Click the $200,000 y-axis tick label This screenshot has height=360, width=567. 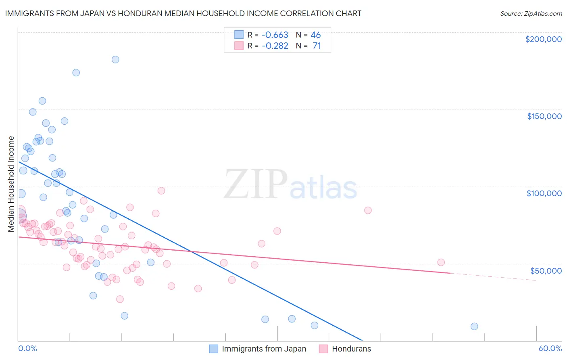point(543,39)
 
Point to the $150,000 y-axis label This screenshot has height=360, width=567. point(544,116)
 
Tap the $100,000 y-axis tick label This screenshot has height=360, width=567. point(544,193)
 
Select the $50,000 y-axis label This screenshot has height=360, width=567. point(546,271)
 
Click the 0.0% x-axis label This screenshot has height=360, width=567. point(27,348)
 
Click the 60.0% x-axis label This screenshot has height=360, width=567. point(550,348)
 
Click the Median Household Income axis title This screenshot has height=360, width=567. point(11,184)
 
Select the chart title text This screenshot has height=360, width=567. point(183,13)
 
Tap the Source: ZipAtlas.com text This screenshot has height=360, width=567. point(531,13)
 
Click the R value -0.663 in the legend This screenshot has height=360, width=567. point(275,35)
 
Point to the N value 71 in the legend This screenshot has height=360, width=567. point(317,46)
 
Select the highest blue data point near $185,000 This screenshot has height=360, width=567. point(115,59)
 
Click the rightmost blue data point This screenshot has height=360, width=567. point(474,326)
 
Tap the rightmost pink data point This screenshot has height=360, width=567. point(441,262)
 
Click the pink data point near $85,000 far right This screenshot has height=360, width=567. point(368,210)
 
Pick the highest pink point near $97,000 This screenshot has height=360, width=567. point(161,190)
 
